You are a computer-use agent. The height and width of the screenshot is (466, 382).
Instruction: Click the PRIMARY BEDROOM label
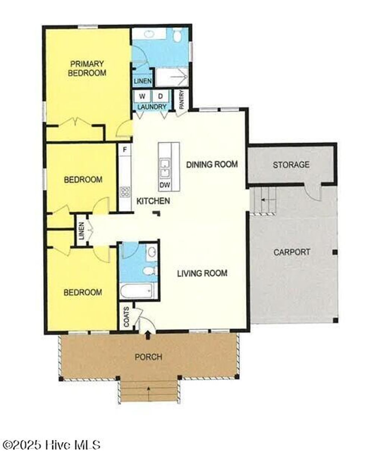[87, 68]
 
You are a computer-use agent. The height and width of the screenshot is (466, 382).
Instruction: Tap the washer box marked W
[142, 96]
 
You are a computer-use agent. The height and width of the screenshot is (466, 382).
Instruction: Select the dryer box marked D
[160, 96]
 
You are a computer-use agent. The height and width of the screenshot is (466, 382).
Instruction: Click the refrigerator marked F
[125, 150]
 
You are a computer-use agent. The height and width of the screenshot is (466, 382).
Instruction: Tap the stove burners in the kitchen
[125, 192]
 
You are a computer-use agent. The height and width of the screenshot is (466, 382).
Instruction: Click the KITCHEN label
[153, 201]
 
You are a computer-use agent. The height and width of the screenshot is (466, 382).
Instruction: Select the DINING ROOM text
[212, 164]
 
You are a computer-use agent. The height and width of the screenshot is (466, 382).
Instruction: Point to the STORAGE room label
[291, 165]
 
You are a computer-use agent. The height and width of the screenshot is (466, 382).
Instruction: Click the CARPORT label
[292, 252]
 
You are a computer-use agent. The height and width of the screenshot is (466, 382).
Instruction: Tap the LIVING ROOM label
[202, 273]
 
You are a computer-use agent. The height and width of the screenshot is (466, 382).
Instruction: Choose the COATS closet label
[126, 317]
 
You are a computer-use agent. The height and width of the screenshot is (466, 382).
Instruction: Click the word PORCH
[148, 357]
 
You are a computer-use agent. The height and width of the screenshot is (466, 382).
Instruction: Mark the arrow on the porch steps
[148, 389]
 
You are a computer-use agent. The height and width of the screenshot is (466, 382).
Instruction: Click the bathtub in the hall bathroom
[137, 291]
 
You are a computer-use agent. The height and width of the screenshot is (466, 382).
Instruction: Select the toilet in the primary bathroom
[178, 36]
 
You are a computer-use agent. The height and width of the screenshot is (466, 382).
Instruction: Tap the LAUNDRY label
[151, 107]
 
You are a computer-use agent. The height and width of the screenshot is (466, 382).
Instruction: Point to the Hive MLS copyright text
[51, 445]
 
